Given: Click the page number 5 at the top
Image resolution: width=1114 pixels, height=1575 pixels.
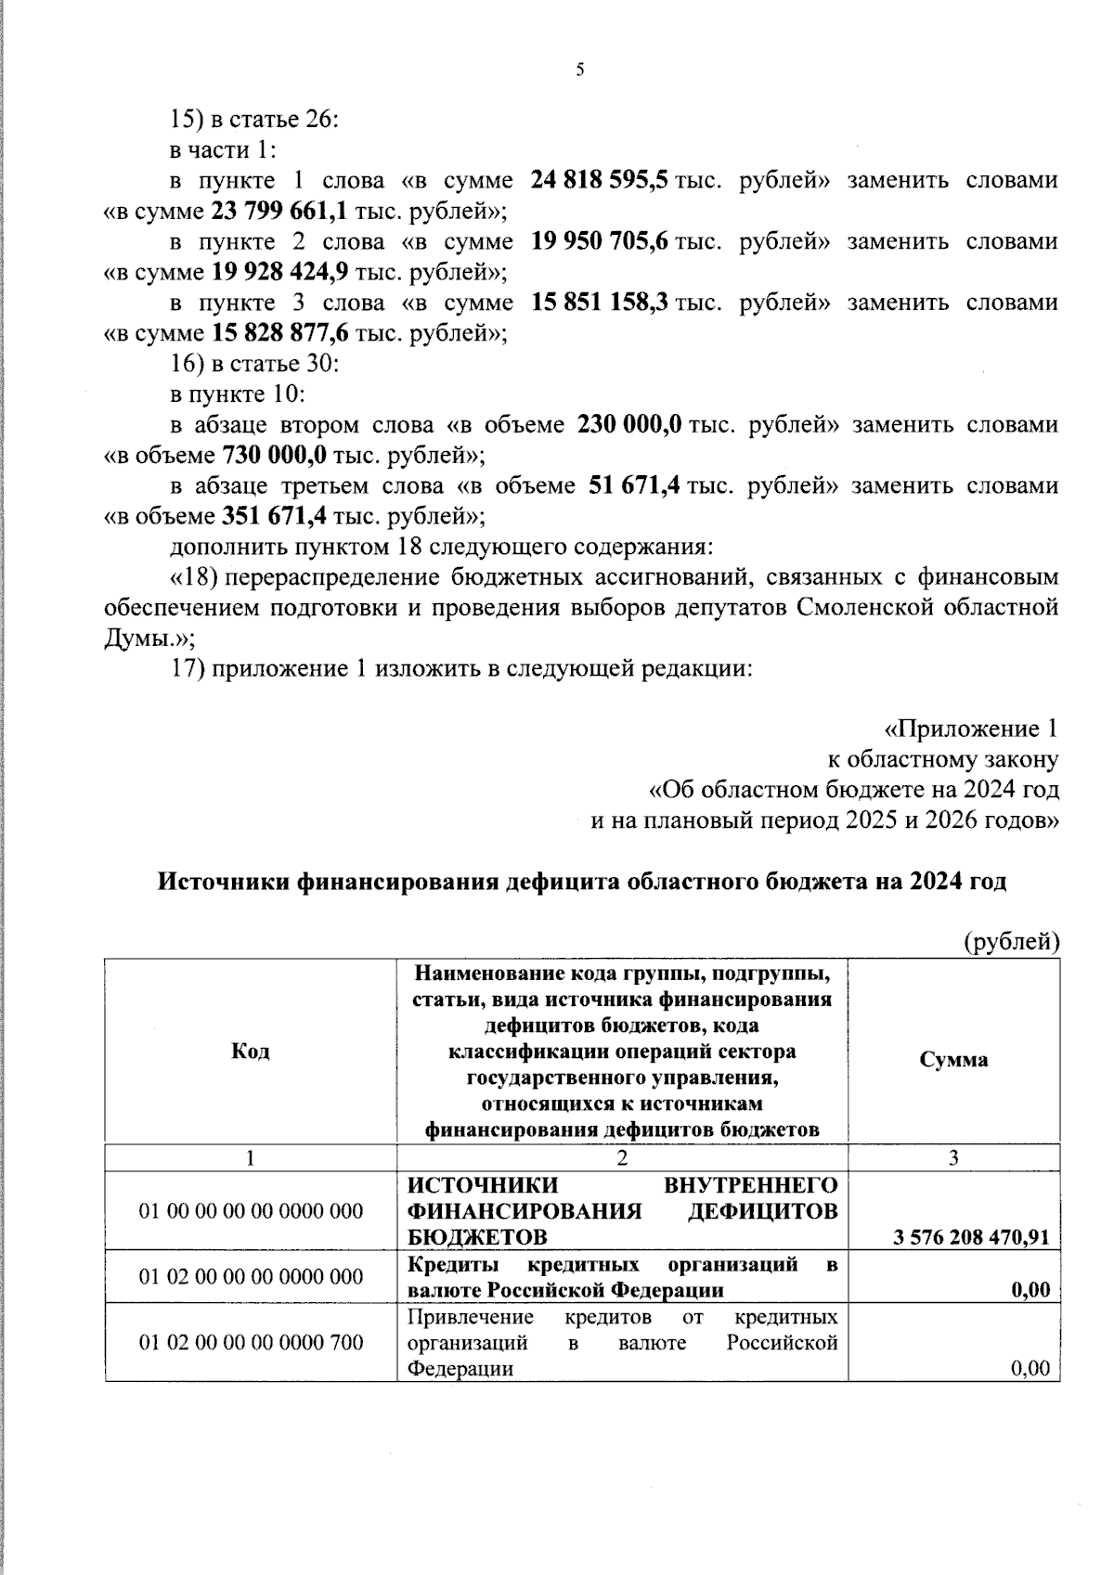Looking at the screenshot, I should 580,71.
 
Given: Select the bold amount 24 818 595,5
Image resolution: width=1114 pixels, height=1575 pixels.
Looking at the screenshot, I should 600,180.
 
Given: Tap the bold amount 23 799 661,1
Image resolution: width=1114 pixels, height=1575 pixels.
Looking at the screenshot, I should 279,211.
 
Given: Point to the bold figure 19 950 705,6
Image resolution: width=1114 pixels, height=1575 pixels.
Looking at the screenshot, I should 600,241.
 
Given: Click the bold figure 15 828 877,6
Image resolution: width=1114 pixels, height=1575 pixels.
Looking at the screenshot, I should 279,333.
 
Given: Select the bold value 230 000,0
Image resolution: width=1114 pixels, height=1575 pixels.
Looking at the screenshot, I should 630,425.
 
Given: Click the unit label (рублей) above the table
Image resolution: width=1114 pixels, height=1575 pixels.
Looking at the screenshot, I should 1011,943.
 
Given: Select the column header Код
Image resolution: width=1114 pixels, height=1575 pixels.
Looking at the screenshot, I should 250,1052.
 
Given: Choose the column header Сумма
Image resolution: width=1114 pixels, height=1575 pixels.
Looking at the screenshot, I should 953,1060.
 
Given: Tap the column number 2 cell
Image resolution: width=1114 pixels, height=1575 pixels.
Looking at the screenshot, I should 622,1157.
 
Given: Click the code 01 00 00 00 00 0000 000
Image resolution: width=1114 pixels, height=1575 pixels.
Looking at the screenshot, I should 251,1211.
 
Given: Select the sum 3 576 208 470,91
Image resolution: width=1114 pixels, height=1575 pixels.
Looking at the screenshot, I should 971,1237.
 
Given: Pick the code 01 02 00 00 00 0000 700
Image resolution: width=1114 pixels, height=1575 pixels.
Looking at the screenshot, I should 251,1342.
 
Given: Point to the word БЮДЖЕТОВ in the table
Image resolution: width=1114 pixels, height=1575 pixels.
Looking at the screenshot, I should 477,1237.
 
